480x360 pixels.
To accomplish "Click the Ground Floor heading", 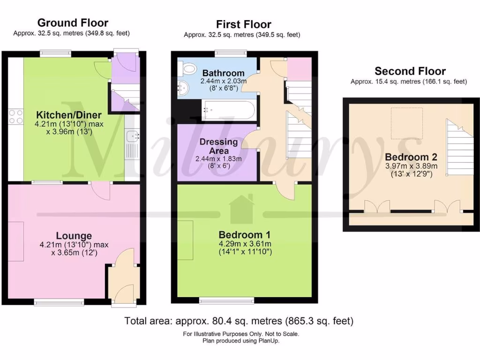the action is (x=73, y=22).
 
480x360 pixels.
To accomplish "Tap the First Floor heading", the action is (x=244, y=24).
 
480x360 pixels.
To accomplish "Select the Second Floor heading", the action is (x=410, y=71).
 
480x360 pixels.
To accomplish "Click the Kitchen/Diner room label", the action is (x=69, y=115).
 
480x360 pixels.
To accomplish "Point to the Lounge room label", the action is (x=74, y=236).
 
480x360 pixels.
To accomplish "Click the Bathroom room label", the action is (x=224, y=73).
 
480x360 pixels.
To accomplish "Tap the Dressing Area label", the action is (x=218, y=146).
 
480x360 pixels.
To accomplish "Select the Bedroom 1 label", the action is (x=245, y=235).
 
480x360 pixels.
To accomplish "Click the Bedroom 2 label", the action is (x=411, y=157).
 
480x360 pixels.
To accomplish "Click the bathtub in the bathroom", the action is (x=228, y=110).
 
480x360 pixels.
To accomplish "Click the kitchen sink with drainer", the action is (x=133, y=144).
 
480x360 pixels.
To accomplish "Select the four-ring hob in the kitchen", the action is (x=16, y=117).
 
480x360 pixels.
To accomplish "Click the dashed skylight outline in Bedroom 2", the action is (x=407, y=123).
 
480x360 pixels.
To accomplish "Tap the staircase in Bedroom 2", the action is (x=460, y=147).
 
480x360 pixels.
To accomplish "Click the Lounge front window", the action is (x=59, y=302).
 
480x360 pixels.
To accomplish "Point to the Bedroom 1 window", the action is (x=226, y=300).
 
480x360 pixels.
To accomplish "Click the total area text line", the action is (x=239, y=321).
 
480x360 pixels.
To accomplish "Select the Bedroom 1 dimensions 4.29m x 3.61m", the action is (x=245, y=244).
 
